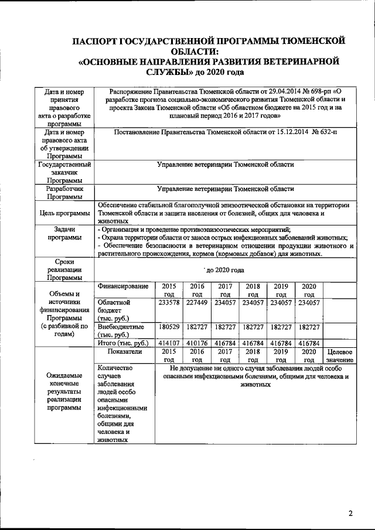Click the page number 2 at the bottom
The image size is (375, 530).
pyautogui.click(x=350, y=514)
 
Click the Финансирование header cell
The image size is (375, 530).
pyautogui.click(x=123, y=286)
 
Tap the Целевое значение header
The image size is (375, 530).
pyautogui.click(x=339, y=355)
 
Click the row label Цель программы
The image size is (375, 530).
pyautogui.click(x=63, y=213)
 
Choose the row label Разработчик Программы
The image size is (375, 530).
pyautogui.click(x=63, y=193)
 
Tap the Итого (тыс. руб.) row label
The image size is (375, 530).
pyautogui.click(x=123, y=342)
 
